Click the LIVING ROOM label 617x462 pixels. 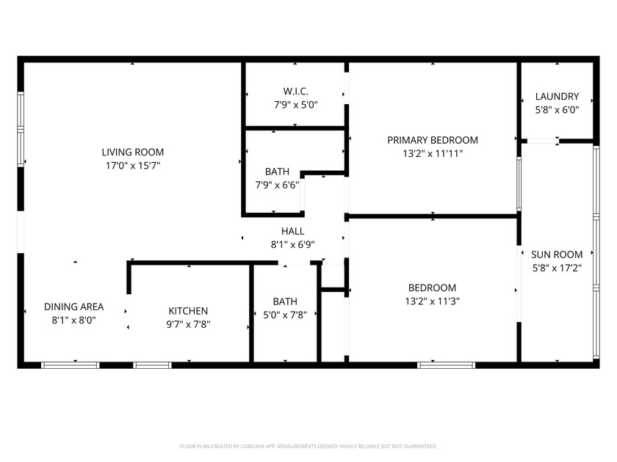tap(132, 153)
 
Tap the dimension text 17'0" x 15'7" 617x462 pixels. tap(132, 166)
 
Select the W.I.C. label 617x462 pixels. tap(296, 92)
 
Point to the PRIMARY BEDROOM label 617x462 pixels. tap(433, 140)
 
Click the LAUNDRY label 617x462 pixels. tap(557, 96)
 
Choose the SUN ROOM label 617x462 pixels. tap(557, 255)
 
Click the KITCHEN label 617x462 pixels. tap(188, 311)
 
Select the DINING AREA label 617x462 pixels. tap(73, 307)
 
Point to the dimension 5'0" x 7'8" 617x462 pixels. tap(285, 315)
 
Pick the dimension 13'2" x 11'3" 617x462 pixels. tap(433, 301)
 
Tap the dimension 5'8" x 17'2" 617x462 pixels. tap(557, 268)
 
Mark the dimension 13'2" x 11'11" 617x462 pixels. tap(433, 154)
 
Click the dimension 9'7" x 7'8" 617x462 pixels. tap(188, 324)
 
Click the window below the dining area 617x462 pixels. tap(70, 364)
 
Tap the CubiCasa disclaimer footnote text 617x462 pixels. tap(308, 446)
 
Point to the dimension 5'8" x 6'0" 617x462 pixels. tap(557, 109)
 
